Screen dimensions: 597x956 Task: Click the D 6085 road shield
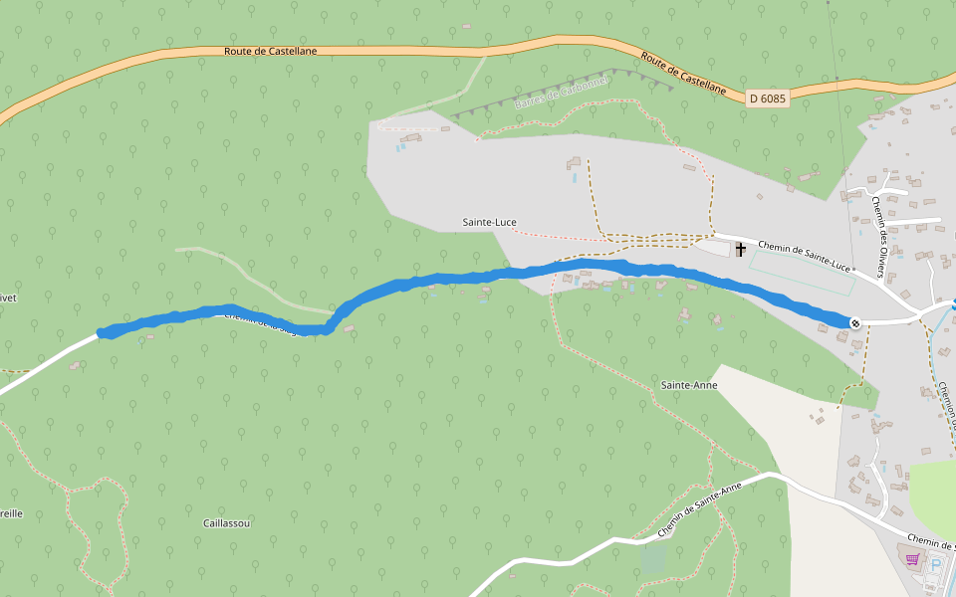[x=767, y=98]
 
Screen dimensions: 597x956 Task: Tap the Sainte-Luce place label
[x=489, y=222]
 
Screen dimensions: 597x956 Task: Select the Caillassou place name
[x=226, y=522]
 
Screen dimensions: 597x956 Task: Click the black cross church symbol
[x=740, y=249]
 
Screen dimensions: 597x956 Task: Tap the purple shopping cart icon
[x=911, y=559]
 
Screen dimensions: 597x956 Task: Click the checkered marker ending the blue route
[x=854, y=322]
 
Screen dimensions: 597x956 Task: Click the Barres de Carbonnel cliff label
[x=561, y=97]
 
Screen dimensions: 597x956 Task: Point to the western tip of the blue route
[x=101, y=333]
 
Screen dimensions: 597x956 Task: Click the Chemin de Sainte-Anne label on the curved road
[x=699, y=509]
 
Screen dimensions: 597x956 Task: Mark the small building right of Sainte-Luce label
[x=574, y=161]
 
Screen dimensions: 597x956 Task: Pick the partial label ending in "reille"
[x=11, y=513]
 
